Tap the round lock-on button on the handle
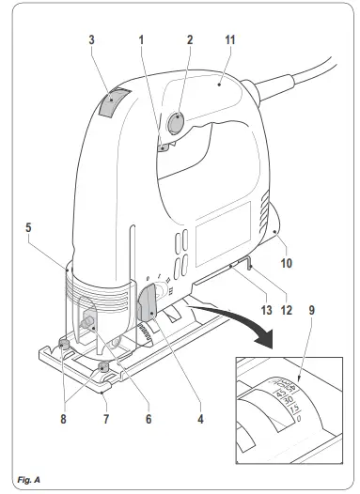pyautogui.click(x=177, y=124)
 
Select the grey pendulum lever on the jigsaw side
pyautogui.click(x=148, y=305)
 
